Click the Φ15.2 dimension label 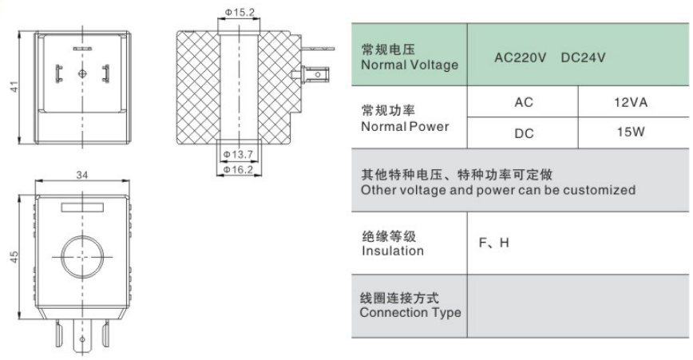tap(240, 12)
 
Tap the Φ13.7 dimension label tap(238, 154)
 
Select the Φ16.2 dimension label tap(238, 169)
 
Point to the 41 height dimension tap(15, 86)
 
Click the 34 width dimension tap(82, 175)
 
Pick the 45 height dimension tap(14, 257)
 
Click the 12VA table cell tap(630, 102)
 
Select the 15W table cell tap(630, 132)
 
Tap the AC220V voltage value tap(520, 57)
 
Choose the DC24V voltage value tap(583, 57)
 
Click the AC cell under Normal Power tap(523, 102)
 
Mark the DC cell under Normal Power tap(524, 133)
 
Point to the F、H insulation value tap(493, 243)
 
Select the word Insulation tap(393, 251)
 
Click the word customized tap(599, 190)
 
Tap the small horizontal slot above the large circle tap(82, 208)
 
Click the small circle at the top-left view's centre tap(82, 73)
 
